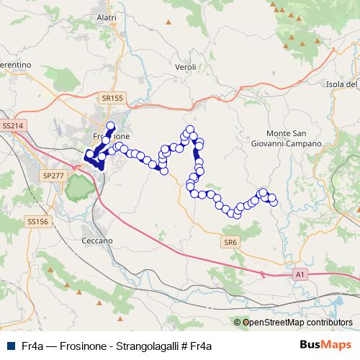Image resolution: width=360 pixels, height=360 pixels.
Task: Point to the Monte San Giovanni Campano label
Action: (x=294, y=139)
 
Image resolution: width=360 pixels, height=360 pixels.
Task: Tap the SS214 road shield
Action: (x=13, y=125)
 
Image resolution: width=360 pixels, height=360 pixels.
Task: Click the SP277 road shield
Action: (x=53, y=175)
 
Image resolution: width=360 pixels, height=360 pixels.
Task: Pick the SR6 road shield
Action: (x=230, y=243)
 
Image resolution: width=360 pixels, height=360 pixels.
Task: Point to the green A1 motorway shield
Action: (x=300, y=274)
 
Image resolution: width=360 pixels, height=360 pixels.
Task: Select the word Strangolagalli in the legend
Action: (x=147, y=346)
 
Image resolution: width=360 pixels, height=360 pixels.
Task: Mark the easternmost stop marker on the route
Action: (x=274, y=202)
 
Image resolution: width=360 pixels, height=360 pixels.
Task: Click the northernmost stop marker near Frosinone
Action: (x=111, y=124)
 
